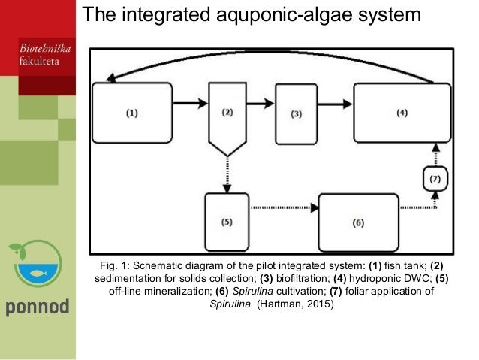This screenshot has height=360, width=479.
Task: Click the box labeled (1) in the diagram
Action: tap(132, 113)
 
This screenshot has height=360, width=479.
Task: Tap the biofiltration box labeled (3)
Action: tap(295, 113)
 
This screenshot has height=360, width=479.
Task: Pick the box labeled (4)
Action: tap(402, 113)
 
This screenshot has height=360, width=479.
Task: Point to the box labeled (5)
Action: tap(227, 222)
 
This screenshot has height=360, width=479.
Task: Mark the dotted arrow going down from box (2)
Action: tap(227, 174)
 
